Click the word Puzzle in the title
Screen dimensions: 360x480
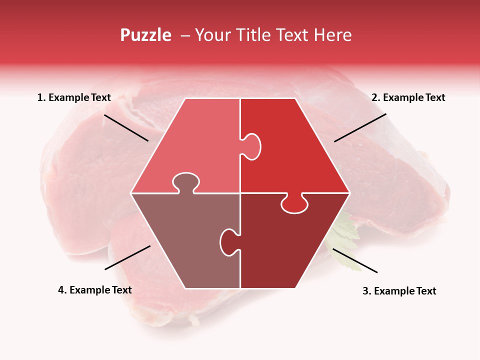(145, 35)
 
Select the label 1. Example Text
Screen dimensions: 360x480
(74, 98)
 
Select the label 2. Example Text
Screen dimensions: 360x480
(408, 98)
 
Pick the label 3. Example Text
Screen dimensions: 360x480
(399, 291)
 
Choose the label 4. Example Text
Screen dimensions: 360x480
(95, 290)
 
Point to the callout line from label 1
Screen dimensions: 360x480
(126, 128)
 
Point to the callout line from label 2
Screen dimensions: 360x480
(360, 127)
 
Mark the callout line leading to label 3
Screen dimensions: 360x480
(355, 260)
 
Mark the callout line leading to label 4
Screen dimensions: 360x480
(127, 257)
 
